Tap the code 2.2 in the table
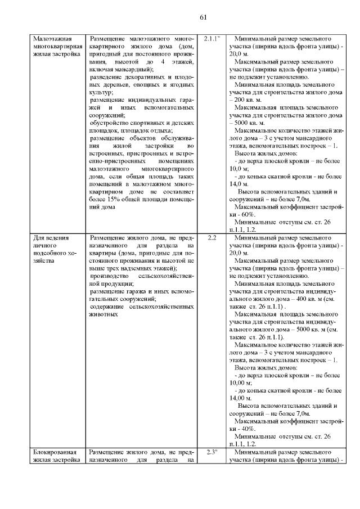211,238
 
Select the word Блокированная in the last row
55,452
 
